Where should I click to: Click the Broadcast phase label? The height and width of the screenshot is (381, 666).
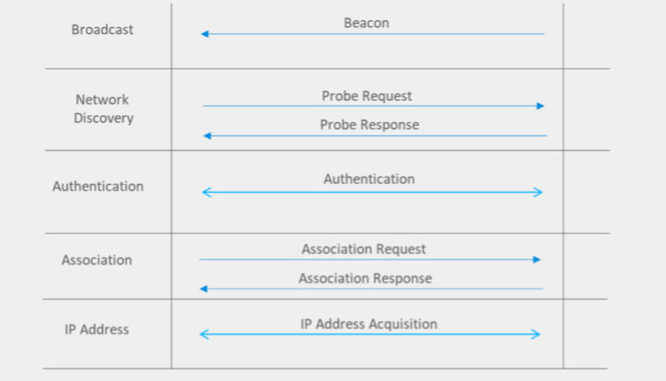tap(102, 29)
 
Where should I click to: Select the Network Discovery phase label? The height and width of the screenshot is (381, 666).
tap(103, 109)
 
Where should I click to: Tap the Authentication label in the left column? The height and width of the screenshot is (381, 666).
tap(99, 186)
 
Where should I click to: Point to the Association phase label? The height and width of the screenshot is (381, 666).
tap(97, 260)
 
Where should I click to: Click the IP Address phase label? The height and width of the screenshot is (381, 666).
tap(97, 330)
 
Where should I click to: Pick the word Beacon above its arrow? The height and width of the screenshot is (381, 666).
tap(366, 23)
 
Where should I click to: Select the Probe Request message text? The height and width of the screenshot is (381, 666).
tap(367, 97)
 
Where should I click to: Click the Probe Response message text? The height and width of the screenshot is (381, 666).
tap(370, 125)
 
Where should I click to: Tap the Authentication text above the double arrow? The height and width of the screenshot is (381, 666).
tap(370, 179)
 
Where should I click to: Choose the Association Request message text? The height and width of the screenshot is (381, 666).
tap(363, 249)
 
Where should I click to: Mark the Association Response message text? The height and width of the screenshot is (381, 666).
tap(365, 278)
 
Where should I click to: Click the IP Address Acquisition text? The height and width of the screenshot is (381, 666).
tap(369, 324)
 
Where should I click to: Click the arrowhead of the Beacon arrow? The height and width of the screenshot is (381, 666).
tap(205, 33)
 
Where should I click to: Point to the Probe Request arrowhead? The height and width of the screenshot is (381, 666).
tap(540, 106)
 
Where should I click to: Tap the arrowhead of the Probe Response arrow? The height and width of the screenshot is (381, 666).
tap(208, 136)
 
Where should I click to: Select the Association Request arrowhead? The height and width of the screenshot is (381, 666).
tap(537, 260)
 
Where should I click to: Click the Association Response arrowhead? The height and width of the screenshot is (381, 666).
tap(204, 289)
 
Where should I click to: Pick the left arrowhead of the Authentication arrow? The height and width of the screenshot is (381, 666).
tap(207, 193)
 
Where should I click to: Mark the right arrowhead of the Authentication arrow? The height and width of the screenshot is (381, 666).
tap(538, 193)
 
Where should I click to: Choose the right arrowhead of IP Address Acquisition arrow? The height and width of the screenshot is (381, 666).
tap(536, 334)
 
